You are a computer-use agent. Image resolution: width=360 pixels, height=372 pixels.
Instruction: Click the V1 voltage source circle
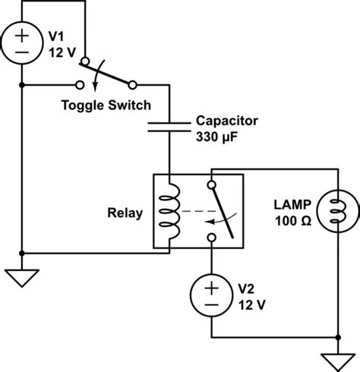pyautogui.click(x=2, y=43)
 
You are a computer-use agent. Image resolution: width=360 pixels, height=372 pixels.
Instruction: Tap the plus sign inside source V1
pyautogui.click(x=22, y=36)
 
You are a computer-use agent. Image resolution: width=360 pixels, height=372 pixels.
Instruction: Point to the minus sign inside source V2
pyautogui.click(x=211, y=304)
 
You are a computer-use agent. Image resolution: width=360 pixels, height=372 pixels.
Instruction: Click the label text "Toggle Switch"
pyautogui.click(x=106, y=105)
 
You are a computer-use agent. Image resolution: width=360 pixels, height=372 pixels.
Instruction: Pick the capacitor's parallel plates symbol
pyautogui.click(x=169, y=127)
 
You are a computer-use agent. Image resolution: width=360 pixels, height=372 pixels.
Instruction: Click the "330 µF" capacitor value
pyautogui.click(x=216, y=137)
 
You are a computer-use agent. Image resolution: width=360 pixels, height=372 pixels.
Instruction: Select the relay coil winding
pyautogui.click(x=170, y=211)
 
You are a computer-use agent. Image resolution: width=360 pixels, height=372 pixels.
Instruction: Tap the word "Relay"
pyautogui.click(x=125, y=213)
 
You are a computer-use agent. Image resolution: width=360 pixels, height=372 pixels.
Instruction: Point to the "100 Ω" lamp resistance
pyautogui.click(x=293, y=221)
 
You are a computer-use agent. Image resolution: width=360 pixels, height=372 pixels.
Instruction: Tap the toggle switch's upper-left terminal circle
pyautogui.click(x=85, y=61)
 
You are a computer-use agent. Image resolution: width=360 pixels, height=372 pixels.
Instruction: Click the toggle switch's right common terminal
pyautogui.click(x=132, y=85)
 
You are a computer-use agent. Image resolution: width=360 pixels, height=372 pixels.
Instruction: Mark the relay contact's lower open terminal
pyautogui.click(x=212, y=238)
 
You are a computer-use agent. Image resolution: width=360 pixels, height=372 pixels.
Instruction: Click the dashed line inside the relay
pyautogui.click(x=199, y=211)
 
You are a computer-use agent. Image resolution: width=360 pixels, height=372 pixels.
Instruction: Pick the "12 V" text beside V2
pyautogui.click(x=251, y=305)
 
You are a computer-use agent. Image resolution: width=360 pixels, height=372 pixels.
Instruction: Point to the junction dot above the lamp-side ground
pyautogui.click(x=338, y=337)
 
